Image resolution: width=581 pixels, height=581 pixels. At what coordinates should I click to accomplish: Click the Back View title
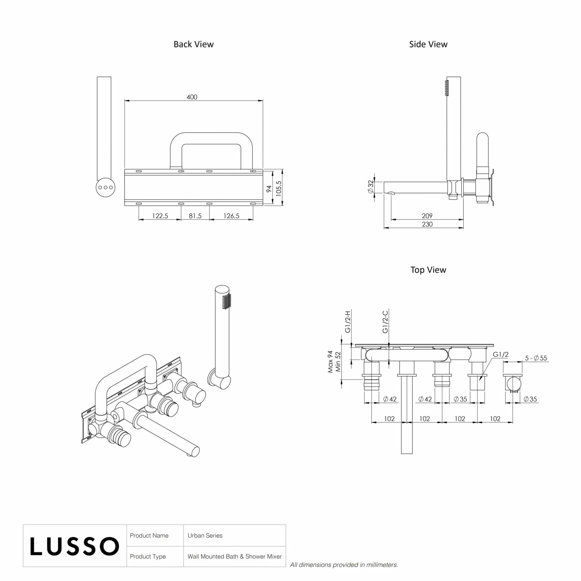[x=193, y=44]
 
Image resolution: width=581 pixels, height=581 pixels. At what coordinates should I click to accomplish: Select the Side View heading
[x=428, y=44]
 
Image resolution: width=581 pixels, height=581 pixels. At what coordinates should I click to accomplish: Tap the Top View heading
[x=428, y=270]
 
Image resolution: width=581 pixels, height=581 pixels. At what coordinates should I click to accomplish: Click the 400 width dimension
[x=192, y=97]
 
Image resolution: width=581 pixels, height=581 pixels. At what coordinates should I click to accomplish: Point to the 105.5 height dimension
[x=278, y=188]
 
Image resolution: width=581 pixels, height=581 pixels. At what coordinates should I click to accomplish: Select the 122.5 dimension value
[x=160, y=216]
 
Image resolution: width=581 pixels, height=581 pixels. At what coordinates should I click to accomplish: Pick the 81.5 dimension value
[x=195, y=216]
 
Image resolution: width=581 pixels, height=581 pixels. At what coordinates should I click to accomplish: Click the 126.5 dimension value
[x=231, y=216]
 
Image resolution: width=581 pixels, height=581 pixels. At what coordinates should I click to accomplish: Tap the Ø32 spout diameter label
[x=371, y=187]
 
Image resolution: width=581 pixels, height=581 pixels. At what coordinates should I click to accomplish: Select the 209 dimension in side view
[x=427, y=216]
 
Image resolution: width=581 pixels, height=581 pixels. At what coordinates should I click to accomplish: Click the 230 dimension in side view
[x=427, y=224]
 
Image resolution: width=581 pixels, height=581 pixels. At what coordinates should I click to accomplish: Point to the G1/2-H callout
[x=348, y=321]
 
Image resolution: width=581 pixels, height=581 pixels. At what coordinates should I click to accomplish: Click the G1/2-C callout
[x=385, y=321]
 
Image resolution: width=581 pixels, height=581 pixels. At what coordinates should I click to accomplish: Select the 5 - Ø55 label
[x=536, y=358]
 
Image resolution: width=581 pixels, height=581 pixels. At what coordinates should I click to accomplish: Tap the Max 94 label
[x=330, y=362]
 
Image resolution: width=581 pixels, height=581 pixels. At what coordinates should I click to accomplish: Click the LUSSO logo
[x=74, y=546]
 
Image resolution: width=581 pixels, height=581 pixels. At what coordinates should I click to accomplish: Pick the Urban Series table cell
[x=205, y=536]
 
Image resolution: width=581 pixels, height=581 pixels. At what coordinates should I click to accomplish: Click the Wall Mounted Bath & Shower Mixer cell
[x=234, y=557]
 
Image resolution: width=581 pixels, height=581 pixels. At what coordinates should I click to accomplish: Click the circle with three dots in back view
[x=105, y=187]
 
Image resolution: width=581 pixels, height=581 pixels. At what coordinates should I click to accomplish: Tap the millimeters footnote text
[x=344, y=565]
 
